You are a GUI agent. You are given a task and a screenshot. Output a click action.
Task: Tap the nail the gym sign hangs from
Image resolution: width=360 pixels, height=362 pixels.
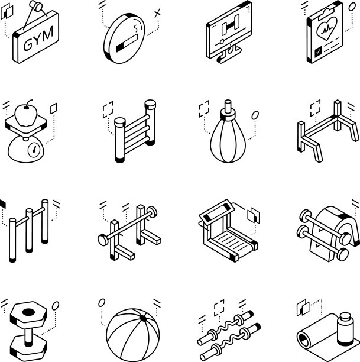(36, 6)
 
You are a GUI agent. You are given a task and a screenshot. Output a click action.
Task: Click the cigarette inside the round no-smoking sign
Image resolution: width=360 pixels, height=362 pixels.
(127, 43)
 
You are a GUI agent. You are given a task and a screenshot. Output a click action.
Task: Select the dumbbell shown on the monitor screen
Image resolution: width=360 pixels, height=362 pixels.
(231, 25)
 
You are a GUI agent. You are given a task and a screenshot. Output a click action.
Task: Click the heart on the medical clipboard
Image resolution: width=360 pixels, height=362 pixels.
(327, 28)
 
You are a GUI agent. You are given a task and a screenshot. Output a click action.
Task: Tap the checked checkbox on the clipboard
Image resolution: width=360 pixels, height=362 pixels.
(318, 52)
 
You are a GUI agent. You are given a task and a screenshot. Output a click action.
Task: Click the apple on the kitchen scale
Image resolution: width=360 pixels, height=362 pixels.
(26, 115)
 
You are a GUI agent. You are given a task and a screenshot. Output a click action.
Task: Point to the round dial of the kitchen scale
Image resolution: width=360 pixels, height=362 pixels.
(34, 150)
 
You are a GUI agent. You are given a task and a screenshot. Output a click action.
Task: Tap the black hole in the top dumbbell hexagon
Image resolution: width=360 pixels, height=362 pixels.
(28, 312)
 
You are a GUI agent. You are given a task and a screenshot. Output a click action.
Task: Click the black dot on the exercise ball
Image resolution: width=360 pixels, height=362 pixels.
(143, 319)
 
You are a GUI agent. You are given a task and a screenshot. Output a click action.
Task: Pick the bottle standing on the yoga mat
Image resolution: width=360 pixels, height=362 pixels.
(345, 329)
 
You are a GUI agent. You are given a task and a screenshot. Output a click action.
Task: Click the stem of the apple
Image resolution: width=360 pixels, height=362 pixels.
(28, 103)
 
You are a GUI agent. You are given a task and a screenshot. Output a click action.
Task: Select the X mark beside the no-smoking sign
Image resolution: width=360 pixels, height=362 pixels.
(157, 13)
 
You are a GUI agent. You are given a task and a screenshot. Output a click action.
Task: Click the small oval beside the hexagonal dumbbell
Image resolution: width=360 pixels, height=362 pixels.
(56, 306)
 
